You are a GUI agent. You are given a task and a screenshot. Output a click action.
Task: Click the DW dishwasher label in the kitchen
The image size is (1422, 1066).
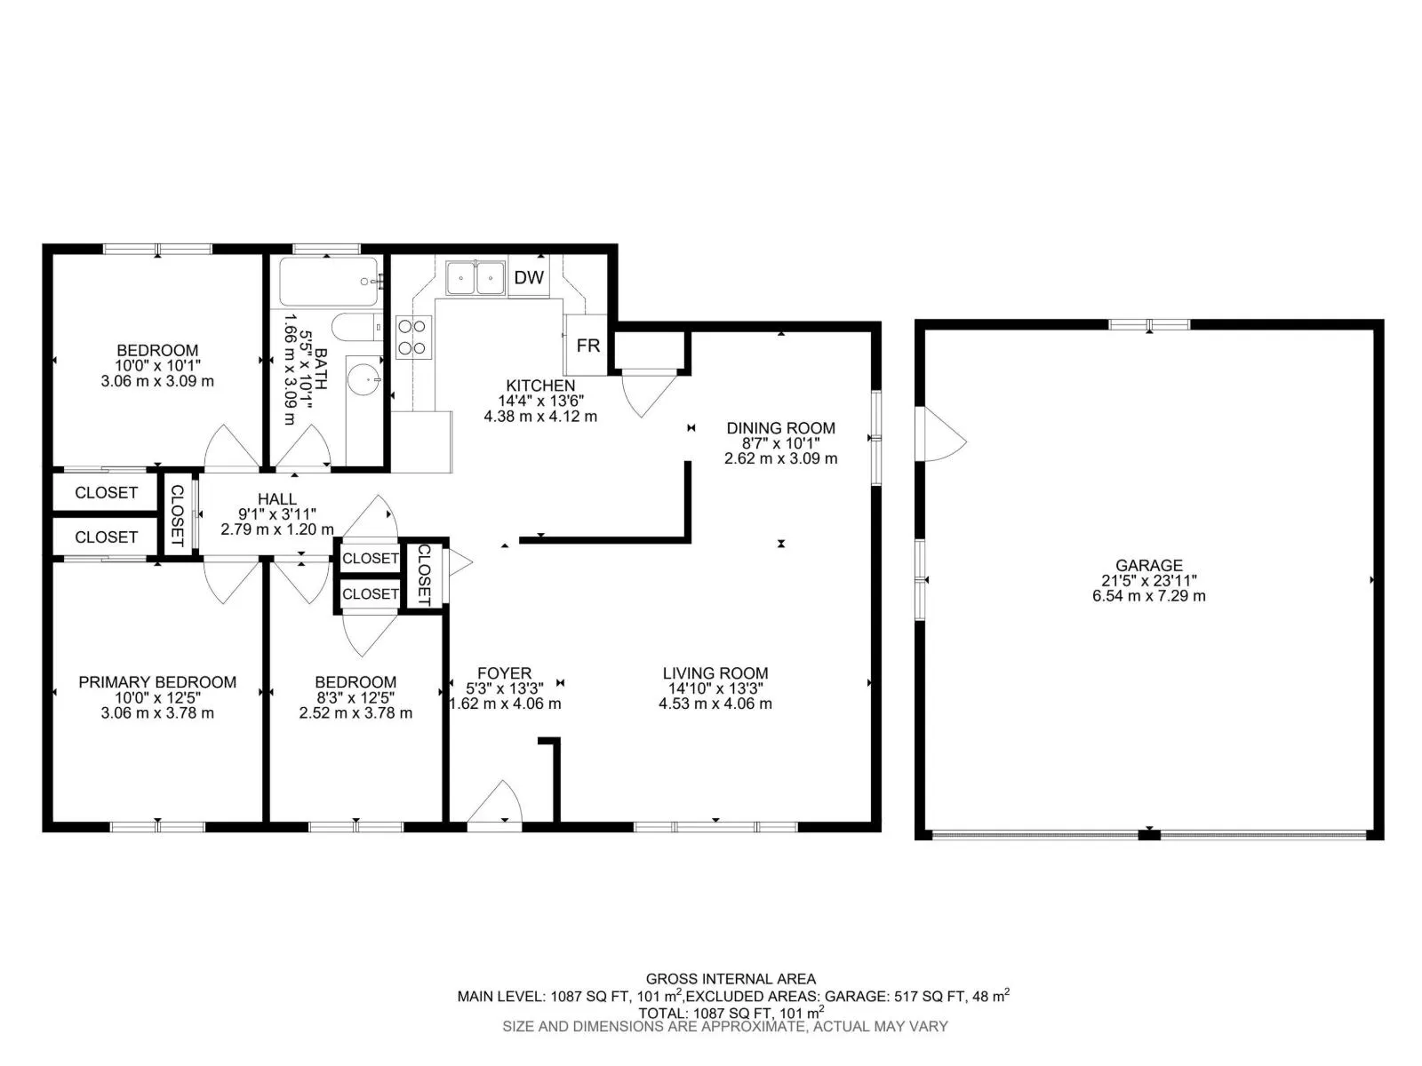529,278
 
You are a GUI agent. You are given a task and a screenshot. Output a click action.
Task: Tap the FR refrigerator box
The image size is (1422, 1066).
587,345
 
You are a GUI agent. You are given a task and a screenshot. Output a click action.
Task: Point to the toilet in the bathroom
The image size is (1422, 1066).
357,328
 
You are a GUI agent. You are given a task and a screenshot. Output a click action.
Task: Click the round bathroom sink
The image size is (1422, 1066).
364,378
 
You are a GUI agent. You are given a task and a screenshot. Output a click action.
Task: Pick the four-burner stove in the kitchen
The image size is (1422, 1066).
414,337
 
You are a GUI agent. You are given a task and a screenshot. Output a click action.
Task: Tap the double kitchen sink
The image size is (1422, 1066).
475,278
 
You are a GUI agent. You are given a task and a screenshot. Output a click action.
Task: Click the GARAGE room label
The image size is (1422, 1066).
1148,565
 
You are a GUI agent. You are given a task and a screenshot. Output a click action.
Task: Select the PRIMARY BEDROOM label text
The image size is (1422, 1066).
157,681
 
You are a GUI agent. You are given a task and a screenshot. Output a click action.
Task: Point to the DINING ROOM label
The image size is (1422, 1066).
780,428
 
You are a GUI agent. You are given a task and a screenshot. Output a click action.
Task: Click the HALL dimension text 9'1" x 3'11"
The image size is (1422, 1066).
277,514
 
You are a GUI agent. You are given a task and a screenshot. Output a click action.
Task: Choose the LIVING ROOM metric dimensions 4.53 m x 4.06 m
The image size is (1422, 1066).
715,704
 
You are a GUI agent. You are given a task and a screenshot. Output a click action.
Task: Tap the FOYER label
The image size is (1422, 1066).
504,673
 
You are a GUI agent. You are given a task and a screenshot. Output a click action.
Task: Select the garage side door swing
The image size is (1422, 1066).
944,434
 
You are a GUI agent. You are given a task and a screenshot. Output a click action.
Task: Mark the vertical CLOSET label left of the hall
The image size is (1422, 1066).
177,515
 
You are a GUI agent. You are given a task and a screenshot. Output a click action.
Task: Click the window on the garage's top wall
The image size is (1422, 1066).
1149,324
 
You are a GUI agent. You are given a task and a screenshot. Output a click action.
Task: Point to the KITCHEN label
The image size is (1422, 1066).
540,386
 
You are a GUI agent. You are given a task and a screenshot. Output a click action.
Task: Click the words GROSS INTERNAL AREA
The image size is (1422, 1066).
731,979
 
